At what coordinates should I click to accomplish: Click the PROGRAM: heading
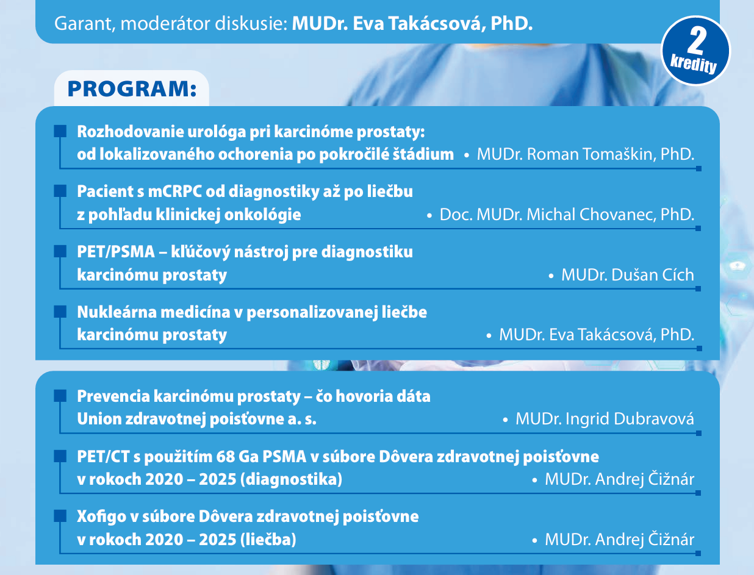click(x=132, y=88)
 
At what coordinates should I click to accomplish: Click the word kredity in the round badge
click(x=694, y=64)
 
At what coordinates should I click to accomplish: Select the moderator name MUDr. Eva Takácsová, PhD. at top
click(x=412, y=24)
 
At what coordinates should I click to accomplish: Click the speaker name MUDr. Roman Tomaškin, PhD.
click(x=586, y=154)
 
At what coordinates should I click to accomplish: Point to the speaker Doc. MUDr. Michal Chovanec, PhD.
click(x=567, y=215)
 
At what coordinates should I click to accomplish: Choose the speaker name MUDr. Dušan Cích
click(x=628, y=274)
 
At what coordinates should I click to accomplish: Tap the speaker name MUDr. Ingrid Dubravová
click(x=605, y=419)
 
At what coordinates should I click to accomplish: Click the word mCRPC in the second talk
click(x=175, y=191)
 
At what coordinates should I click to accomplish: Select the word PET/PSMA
click(x=116, y=252)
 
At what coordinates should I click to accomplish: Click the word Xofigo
click(x=102, y=516)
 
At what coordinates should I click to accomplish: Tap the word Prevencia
click(x=113, y=396)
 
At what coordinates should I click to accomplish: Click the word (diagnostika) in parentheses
click(x=291, y=479)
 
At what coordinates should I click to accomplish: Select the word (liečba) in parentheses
click(x=268, y=539)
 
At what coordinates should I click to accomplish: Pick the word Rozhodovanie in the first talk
click(x=130, y=132)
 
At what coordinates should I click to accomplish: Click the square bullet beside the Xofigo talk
click(x=60, y=516)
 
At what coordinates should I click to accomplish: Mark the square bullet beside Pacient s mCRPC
click(x=60, y=191)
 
